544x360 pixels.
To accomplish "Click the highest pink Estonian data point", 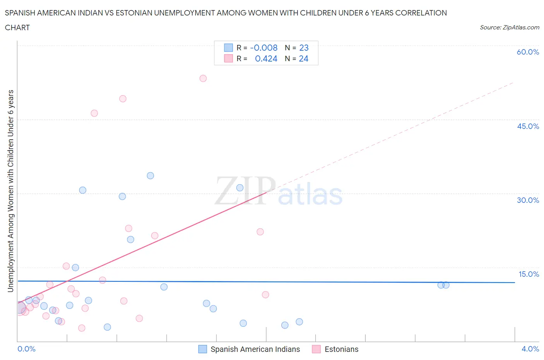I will point(203,78).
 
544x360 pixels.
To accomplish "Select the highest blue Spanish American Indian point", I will point(151,176).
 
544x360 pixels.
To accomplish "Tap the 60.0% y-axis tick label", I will point(528,52).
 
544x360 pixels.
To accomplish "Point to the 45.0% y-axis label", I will point(528,126).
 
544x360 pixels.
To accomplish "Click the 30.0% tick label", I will point(528,200).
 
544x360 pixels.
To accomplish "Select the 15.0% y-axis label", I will point(529,274).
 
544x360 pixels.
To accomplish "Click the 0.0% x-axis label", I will point(27,349).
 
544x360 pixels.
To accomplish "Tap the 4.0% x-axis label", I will point(530,349).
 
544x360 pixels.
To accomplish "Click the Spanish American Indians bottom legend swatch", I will point(202,349).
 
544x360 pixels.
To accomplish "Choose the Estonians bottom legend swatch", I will point(316,349).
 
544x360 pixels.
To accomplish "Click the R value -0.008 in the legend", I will point(264,48).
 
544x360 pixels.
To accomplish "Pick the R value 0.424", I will point(266,58).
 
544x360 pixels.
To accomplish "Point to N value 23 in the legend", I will point(304,48).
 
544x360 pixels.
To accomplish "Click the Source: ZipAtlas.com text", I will point(509,27).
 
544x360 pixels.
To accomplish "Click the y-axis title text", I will point(10,191).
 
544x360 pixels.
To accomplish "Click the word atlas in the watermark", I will point(310,195).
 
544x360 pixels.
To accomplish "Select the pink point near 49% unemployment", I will point(123,99).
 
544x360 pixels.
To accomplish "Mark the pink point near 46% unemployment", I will point(94,113).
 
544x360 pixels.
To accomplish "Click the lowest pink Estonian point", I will point(82,328).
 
